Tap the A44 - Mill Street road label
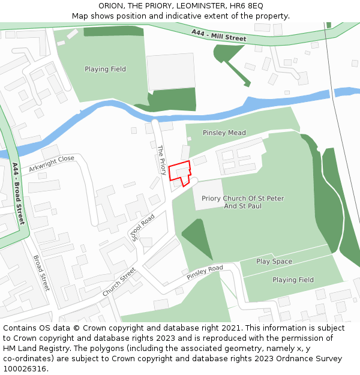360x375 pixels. click(x=219, y=35)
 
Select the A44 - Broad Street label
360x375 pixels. click(x=19, y=193)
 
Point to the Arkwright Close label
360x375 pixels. click(x=52, y=163)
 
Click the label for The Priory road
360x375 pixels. click(x=161, y=160)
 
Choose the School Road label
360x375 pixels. click(x=143, y=227)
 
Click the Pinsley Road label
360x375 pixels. click(x=205, y=272)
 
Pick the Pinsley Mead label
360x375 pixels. click(x=224, y=133)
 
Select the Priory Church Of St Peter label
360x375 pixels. click(x=243, y=199)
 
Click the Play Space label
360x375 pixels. click(x=274, y=262)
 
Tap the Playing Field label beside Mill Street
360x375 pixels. click(x=105, y=69)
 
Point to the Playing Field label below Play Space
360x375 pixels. click(x=293, y=280)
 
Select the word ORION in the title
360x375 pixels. click(x=111, y=5)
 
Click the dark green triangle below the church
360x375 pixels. click(x=195, y=236)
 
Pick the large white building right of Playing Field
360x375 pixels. click(x=170, y=71)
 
